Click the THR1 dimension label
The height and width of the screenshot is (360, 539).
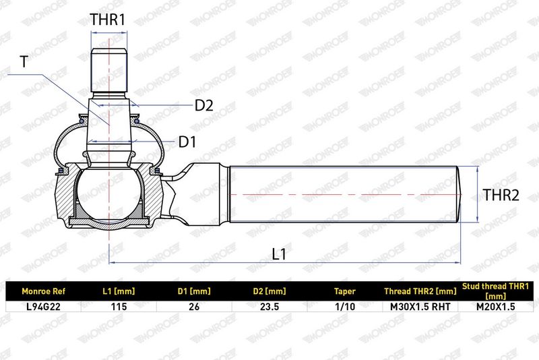click(108, 20)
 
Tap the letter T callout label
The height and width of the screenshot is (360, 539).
click(24, 62)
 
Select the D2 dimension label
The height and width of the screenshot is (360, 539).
click(204, 105)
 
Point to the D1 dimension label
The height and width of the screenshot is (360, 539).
click(187, 142)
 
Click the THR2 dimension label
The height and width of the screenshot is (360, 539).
click(501, 195)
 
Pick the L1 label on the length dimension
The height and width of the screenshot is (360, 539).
click(279, 254)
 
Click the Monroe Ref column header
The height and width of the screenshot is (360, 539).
click(43, 292)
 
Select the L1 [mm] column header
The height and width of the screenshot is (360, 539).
click(119, 292)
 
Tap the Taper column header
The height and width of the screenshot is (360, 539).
click(345, 292)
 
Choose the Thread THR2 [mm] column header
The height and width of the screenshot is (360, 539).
click(420, 292)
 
